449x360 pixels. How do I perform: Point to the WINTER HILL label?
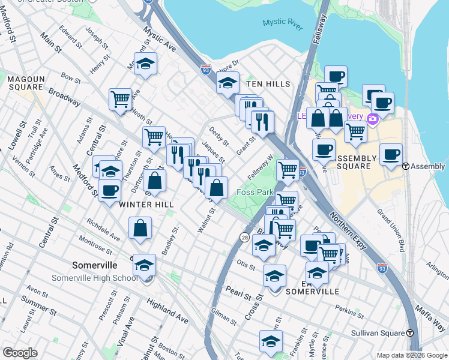point(146,205)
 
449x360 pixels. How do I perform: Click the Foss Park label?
point(255,192)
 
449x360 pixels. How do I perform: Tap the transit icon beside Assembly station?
point(406,166)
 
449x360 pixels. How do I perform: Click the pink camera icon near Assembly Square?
point(373,119)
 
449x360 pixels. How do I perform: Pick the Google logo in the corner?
point(20,352)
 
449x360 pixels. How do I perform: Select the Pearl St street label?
point(238,293)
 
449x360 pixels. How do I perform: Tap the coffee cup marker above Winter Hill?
point(109,191)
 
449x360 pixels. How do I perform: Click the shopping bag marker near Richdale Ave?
point(140,229)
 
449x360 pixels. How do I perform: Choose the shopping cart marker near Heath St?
point(121,98)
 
